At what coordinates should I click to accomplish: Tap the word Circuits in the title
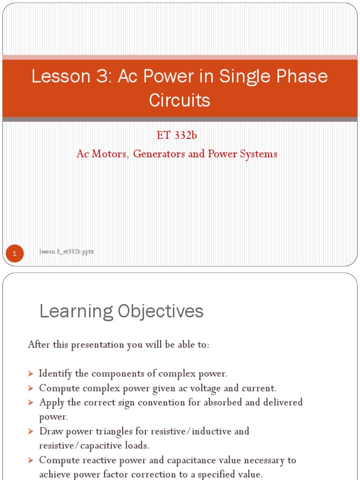180,100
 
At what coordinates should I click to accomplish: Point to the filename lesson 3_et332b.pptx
67,252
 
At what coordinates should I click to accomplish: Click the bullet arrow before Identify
31,374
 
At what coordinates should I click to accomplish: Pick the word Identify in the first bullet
56,374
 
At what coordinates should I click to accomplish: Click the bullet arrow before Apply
31,403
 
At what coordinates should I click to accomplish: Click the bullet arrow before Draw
31,432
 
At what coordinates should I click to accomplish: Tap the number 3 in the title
101,77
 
